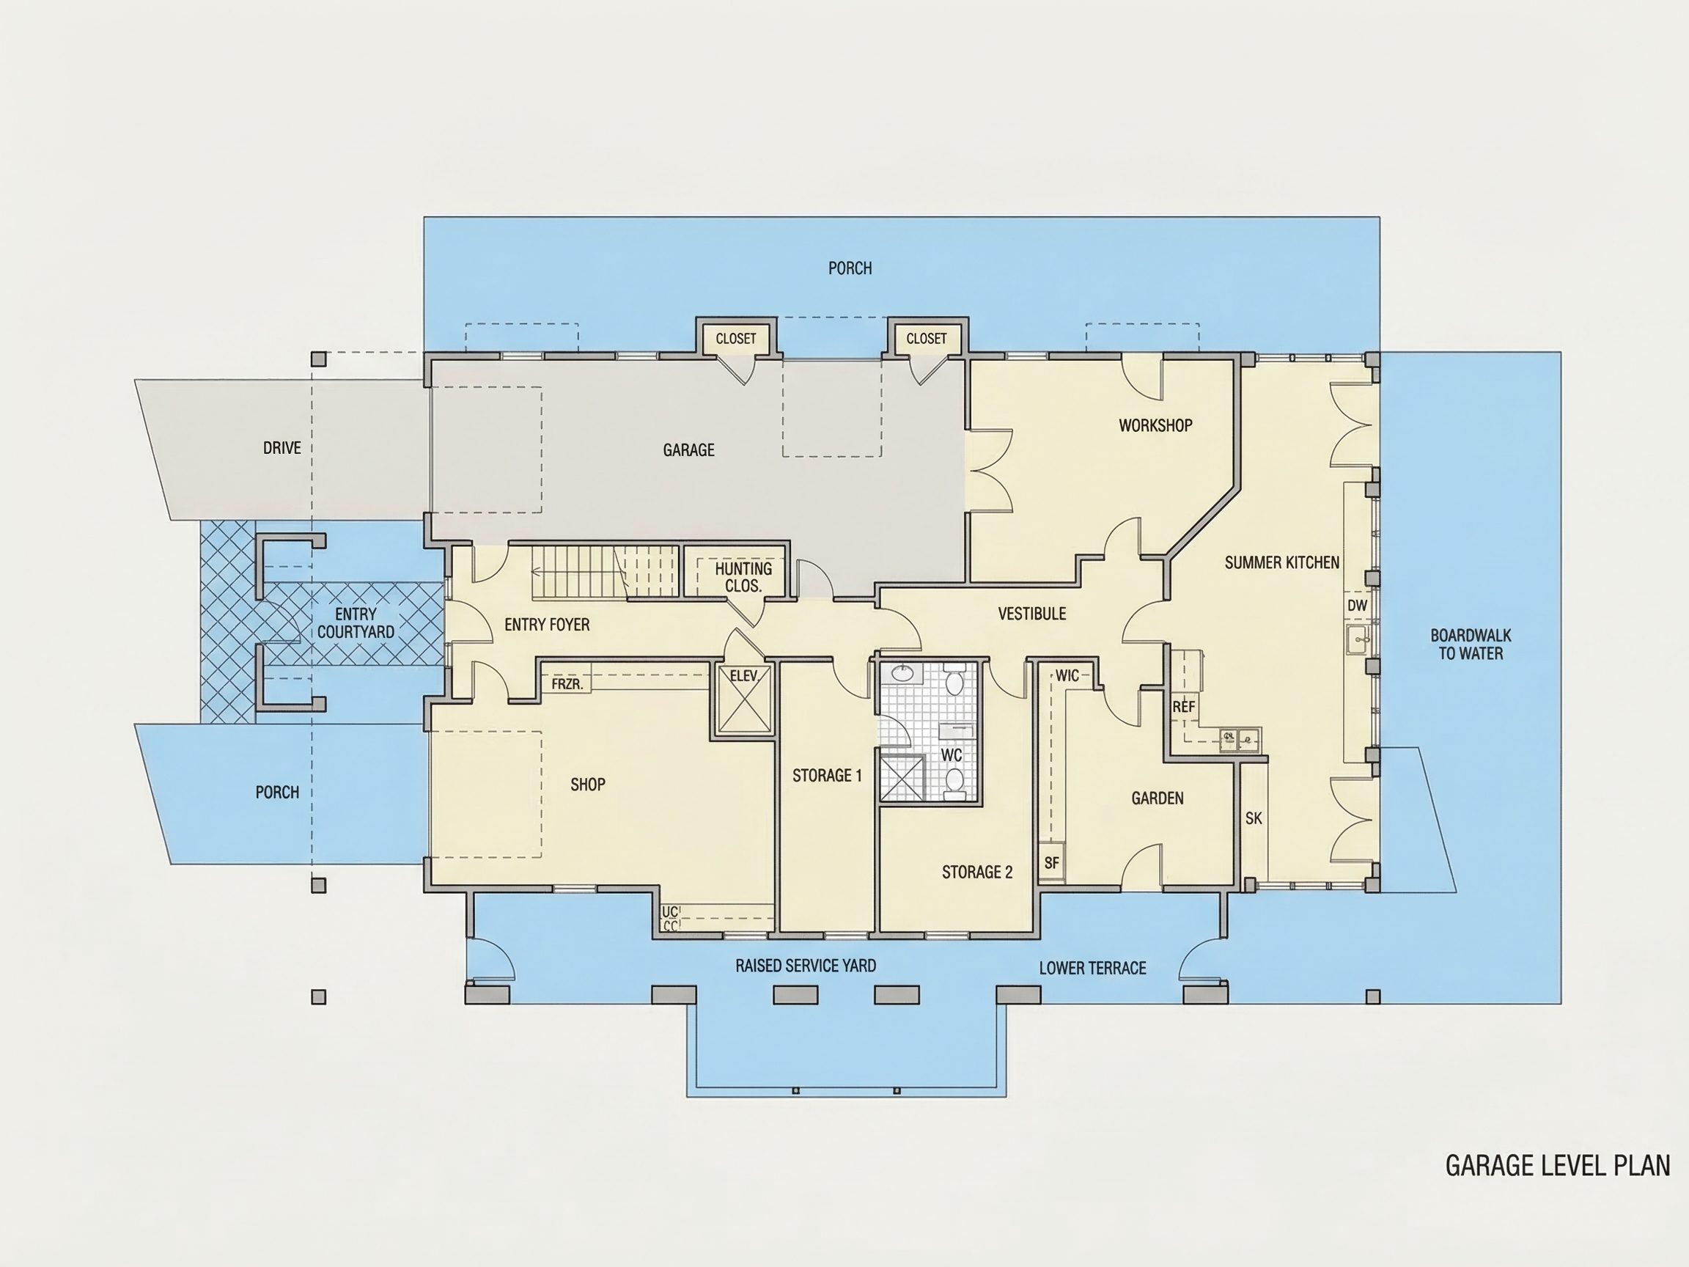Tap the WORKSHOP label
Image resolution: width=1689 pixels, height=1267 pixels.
(1155, 425)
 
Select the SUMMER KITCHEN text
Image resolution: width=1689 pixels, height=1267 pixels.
(1282, 563)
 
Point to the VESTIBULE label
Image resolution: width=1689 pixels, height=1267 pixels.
(1031, 614)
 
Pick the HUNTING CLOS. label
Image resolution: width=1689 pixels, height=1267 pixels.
(743, 577)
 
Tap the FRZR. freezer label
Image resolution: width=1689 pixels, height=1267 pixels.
(567, 684)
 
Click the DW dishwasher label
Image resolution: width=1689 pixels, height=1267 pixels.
(1357, 606)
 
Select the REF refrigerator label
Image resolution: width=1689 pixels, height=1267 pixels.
(1183, 708)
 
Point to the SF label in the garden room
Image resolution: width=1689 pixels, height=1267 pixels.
(1051, 864)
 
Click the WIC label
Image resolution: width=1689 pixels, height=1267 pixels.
(1067, 676)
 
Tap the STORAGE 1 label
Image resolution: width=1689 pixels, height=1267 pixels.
(827, 776)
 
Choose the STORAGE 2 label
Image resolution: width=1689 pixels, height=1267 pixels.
(977, 872)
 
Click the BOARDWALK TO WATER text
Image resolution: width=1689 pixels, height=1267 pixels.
(1471, 644)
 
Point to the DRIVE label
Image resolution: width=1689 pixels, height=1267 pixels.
(281, 448)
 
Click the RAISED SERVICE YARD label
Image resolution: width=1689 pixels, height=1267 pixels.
(806, 966)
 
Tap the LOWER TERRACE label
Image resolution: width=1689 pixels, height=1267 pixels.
(1093, 969)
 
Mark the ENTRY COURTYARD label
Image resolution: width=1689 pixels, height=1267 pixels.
(356, 623)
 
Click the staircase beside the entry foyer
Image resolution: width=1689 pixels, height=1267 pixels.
(605, 571)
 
